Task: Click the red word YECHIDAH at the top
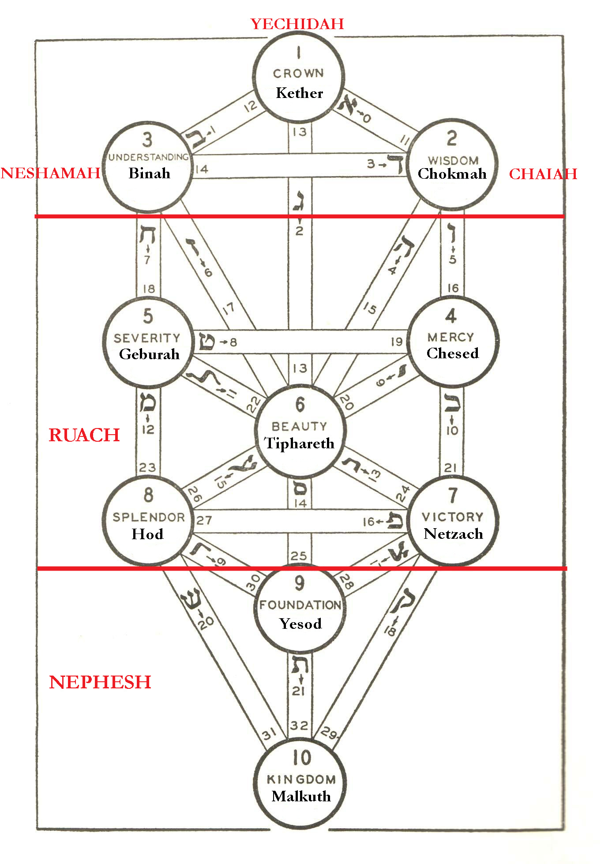[x=297, y=24]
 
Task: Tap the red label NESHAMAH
[x=50, y=173]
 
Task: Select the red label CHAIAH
[x=543, y=174]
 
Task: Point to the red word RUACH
[x=84, y=435]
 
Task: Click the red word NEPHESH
[x=100, y=682]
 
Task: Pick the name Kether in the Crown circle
[x=299, y=93]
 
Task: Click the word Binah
[x=149, y=173]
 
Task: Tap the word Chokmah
[x=452, y=174]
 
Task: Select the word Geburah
[x=149, y=354]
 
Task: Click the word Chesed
[x=452, y=353]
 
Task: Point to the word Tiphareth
[x=299, y=443]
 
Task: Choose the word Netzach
[x=453, y=534]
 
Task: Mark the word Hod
[x=147, y=534]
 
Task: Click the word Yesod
[x=300, y=624]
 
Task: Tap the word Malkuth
[x=301, y=796]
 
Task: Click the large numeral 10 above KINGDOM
[x=302, y=758]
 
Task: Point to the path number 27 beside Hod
[x=204, y=521]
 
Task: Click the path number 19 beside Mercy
[x=396, y=342]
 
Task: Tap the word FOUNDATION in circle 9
[x=300, y=605]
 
